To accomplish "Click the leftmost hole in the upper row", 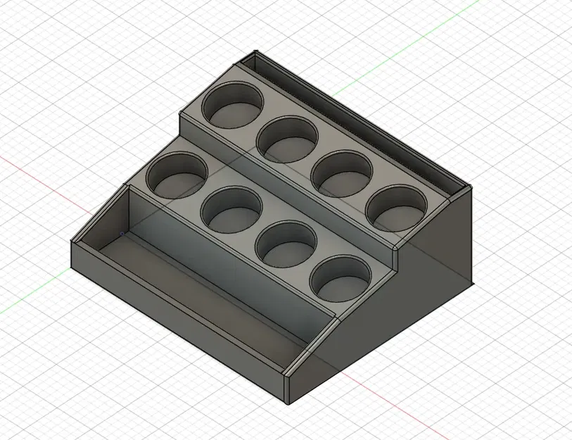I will coord(232,106).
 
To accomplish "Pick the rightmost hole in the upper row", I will coord(396,208).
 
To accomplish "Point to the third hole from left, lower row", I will coord(286,244).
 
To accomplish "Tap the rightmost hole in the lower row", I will coord(341,277).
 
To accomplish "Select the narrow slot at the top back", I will coord(352,120).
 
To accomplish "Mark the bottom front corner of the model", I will coord(289,404).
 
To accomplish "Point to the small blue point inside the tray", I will coord(121,234).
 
